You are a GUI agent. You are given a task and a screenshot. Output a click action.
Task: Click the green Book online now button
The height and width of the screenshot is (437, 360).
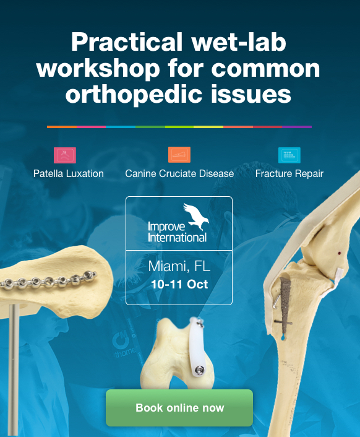(179, 408)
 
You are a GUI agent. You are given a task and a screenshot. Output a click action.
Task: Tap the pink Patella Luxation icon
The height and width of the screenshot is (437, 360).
(65, 155)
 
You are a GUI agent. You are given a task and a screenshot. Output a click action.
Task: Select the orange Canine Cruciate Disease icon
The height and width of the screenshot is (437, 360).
(179, 155)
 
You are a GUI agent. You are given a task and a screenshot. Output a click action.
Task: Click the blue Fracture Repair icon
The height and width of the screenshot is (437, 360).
(289, 155)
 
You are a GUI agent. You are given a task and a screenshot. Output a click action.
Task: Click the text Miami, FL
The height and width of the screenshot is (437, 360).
(179, 266)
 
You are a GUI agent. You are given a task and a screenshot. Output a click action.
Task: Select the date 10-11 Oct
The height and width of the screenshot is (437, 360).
(179, 284)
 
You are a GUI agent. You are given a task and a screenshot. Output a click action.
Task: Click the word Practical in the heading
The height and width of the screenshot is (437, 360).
(127, 42)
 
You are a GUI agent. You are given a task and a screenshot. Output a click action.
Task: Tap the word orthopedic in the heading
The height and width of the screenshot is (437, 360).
(134, 94)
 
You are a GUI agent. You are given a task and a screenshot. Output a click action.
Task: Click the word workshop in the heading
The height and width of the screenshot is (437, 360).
(98, 68)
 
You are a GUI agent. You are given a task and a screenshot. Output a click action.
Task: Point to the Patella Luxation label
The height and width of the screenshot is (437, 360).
(69, 174)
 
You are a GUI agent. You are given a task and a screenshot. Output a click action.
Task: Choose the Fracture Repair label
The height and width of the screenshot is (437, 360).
(289, 174)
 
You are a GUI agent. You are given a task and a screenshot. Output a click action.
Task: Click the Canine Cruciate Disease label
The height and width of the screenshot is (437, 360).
(179, 174)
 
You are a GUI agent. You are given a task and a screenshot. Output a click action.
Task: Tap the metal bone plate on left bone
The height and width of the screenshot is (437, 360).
(49, 280)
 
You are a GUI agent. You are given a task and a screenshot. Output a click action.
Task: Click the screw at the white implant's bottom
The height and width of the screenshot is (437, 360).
(199, 370)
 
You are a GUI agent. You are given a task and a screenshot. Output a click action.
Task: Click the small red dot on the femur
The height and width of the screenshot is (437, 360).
(340, 253)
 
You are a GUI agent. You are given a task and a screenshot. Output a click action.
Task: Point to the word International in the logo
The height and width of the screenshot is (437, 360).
(177, 238)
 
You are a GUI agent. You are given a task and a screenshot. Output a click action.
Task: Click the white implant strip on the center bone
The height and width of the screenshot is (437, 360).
(197, 345)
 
